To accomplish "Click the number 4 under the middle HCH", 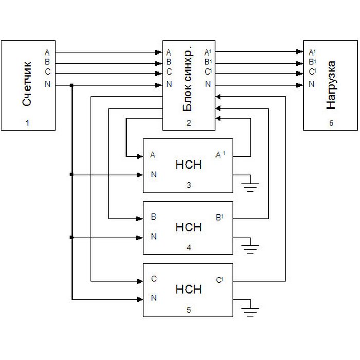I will [x=188, y=248].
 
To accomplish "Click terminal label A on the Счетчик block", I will [x=47, y=52].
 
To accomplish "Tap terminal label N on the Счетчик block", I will [x=48, y=84].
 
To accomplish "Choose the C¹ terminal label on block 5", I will [x=220, y=280].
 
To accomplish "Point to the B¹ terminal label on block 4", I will [x=220, y=218].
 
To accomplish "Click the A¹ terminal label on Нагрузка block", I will [x=311, y=52].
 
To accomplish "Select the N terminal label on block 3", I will [x=154, y=175].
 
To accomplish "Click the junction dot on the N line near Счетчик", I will [x=72, y=85].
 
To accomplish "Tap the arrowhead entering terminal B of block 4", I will [x=140, y=218].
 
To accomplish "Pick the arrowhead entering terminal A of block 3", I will [x=140, y=155].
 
